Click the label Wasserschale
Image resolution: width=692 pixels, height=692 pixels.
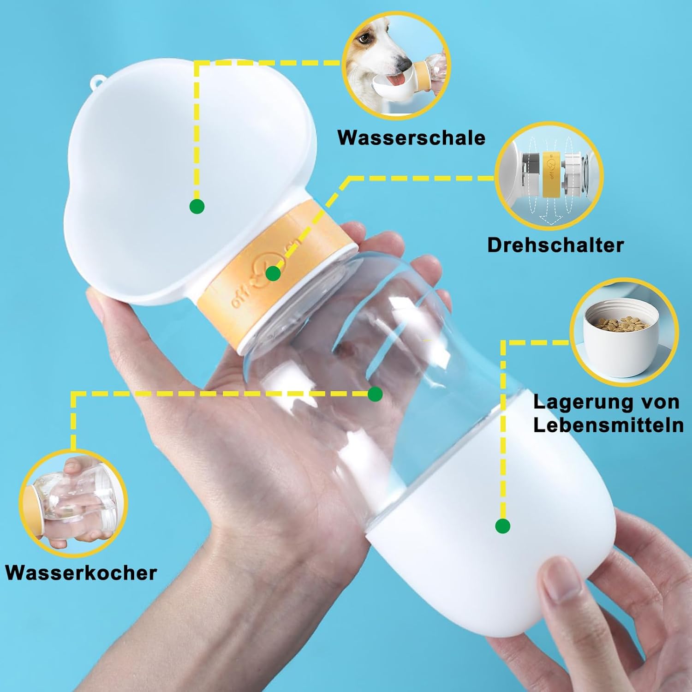click(411, 137)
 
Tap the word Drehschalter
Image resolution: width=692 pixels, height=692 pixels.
click(555, 245)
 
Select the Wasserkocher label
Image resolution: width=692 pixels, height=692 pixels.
click(81, 573)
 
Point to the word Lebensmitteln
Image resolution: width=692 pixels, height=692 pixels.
click(608, 425)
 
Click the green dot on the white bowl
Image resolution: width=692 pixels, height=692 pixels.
click(197, 206)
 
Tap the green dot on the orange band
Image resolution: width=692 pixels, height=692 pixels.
click(273, 274)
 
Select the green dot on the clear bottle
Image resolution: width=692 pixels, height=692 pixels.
click(375, 394)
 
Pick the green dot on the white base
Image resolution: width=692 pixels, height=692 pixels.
click(502, 525)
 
